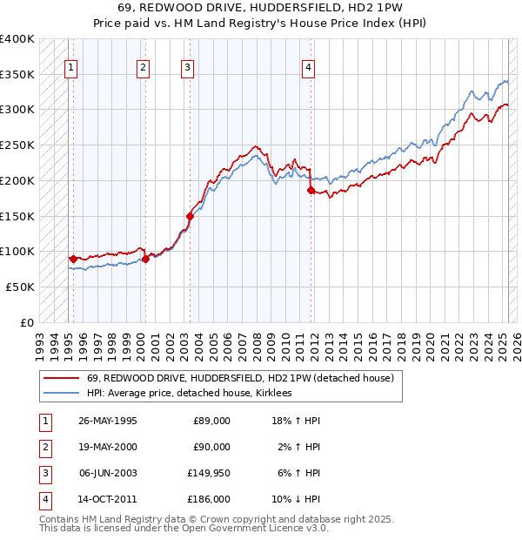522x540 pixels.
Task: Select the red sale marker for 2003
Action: tap(190, 215)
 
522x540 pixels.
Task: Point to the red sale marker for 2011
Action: tap(311, 189)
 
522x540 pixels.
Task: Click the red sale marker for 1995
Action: tap(73, 259)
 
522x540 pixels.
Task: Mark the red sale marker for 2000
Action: tap(145, 258)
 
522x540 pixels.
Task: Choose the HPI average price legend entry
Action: tap(189, 394)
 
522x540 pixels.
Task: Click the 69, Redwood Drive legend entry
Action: tap(240, 378)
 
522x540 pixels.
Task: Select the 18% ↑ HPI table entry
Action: tap(297, 421)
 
